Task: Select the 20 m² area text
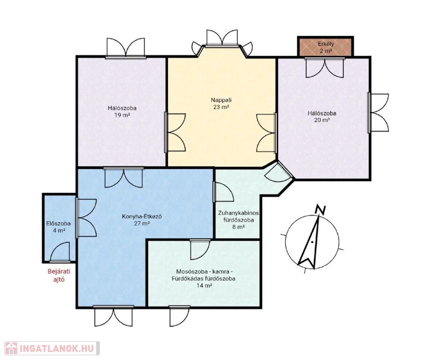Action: pyautogui.click(x=322, y=120)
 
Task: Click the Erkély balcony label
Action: pyautogui.click(x=325, y=44)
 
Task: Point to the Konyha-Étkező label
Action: pyautogui.click(x=142, y=217)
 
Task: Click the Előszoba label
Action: pyautogui.click(x=59, y=224)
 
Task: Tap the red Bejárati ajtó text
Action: pyautogui.click(x=59, y=275)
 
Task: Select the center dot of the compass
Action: pyautogui.click(x=312, y=242)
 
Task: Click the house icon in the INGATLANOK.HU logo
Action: pyautogui.click(x=11, y=348)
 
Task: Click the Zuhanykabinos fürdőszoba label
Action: pyautogui.click(x=238, y=216)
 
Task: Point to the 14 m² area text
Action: pyautogui.click(x=204, y=285)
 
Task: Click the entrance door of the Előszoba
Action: pyautogui.click(x=60, y=252)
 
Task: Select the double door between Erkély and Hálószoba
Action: pyautogui.click(x=325, y=67)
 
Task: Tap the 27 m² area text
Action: pyautogui.click(x=142, y=224)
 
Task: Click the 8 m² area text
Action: pyautogui.click(x=238, y=227)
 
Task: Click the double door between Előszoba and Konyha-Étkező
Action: pyautogui.click(x=87, y=218)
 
